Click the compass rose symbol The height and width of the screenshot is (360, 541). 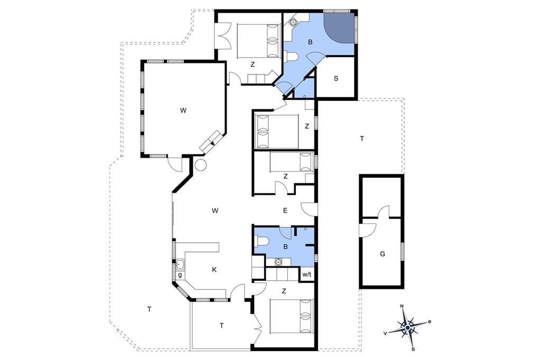point(408,326)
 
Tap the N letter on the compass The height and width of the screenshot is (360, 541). point(402,306)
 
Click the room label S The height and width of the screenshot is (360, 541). point(336,78)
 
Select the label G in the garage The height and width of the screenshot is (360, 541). point(383,254)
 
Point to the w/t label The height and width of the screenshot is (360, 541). point(307,274)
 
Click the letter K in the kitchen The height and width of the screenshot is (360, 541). point(214,270)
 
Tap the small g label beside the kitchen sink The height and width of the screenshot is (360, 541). point(180,275)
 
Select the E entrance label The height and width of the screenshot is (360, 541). point(285,210)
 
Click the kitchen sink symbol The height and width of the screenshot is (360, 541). point(180,265)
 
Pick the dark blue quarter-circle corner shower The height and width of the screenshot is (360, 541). point(338,27)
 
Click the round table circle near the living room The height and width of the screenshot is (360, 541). point(200,165)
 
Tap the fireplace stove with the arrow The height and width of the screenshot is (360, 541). point(211,141)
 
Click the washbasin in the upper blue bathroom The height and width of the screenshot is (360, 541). point(293,22)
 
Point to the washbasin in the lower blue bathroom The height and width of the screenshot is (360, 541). point(278,262)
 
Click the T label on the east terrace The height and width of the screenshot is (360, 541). point(362,139)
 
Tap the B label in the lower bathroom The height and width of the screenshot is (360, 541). point(285,247)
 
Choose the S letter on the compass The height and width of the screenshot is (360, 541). point(413,349)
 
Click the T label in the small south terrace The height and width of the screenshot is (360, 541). point(222,326)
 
